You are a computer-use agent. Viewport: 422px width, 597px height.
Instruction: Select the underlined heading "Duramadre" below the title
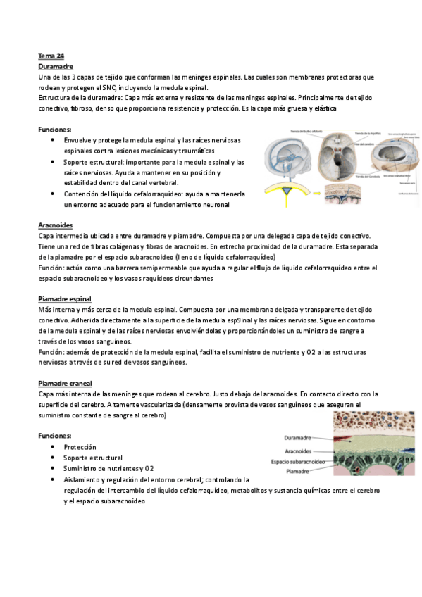(54, 65)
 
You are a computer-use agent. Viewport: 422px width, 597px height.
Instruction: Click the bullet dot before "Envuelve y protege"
(54, 140)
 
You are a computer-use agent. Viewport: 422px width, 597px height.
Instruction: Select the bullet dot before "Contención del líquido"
(54, 194)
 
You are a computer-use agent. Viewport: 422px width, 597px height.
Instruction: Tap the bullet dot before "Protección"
(54, 447)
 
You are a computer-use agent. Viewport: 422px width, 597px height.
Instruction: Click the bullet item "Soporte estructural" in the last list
(92, 458)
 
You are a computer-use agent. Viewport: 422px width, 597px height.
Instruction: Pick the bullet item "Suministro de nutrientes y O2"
(108, 468)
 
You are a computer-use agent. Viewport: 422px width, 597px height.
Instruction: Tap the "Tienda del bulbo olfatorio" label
(288, 133)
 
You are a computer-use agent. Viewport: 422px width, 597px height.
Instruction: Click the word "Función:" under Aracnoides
(51, 268)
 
